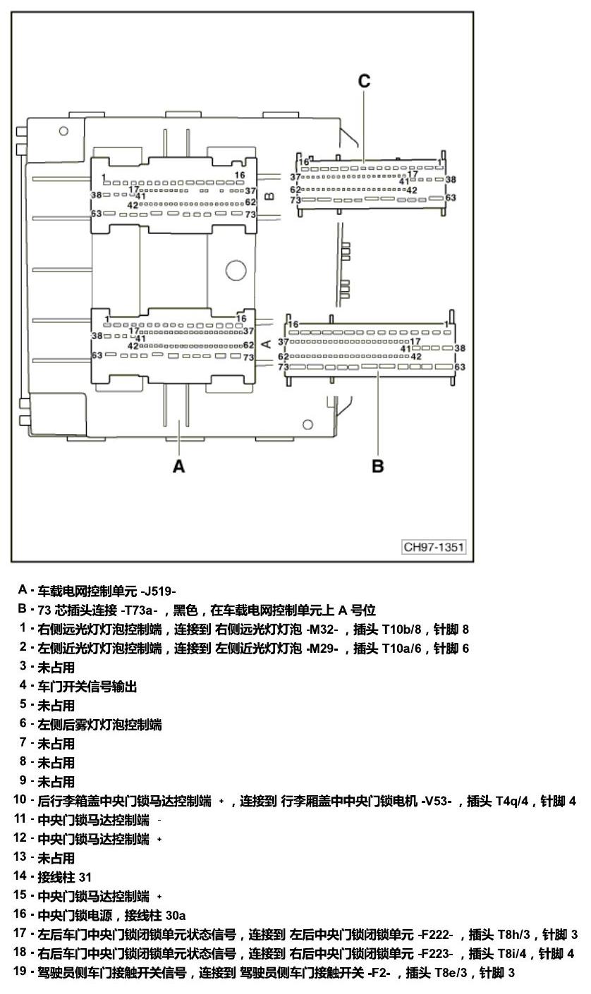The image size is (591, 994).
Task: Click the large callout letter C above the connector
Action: (x=364, y=81)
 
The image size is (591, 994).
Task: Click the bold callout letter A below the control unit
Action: (x=178, y=467)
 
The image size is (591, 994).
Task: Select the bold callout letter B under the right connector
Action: (x=377, y=467)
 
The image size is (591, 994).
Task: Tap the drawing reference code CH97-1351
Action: (x=433, y=547)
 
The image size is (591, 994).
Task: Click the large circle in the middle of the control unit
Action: (x=236, y=270)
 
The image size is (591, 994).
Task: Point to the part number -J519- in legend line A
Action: (x=158, y=591)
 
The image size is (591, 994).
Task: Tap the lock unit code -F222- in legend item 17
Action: (x=436, y=935)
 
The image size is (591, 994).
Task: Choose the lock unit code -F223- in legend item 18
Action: (x=436, y=954)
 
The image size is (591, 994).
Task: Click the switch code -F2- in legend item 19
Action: (x=379, y=973)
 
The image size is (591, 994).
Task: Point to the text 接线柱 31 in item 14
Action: (x=65, y=878)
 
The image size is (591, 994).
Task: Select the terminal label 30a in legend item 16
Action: (x=176, y=916)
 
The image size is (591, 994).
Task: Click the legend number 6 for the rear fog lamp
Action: (x=23, y=725)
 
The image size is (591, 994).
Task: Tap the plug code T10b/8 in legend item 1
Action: (x=401, y=630)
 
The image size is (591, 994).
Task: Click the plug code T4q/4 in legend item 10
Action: (x=512, y=802)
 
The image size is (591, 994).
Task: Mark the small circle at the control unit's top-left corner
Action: (x=63, y=131)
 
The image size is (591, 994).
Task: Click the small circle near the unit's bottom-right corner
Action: (x=307, y=424)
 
